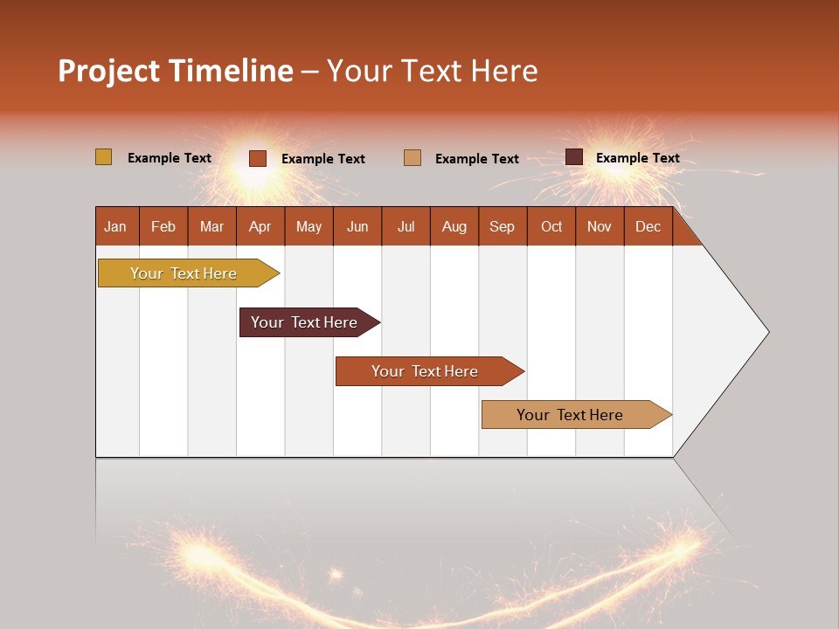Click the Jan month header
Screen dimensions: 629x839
tap(116, 226)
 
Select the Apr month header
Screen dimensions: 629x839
tap(260, 226)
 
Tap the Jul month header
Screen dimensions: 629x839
tap(406, 226)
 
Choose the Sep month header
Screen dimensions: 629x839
tap(503, 226)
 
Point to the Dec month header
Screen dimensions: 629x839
tap(648, 226)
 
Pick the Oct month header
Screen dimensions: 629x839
tap(551, 226)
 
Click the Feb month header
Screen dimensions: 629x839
tap(163, 226)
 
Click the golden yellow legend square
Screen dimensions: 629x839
tap(103, 157)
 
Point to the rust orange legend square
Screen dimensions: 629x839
tap(258, 158)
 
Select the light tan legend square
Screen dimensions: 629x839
tap(413, 158)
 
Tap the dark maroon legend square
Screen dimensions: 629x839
tap(574, 157)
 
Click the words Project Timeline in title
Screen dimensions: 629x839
tap(176, 71)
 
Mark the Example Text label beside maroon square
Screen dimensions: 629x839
tap(637, 158)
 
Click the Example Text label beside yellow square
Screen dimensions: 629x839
tap(170, 158)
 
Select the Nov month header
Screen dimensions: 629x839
tap(600, 226)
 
